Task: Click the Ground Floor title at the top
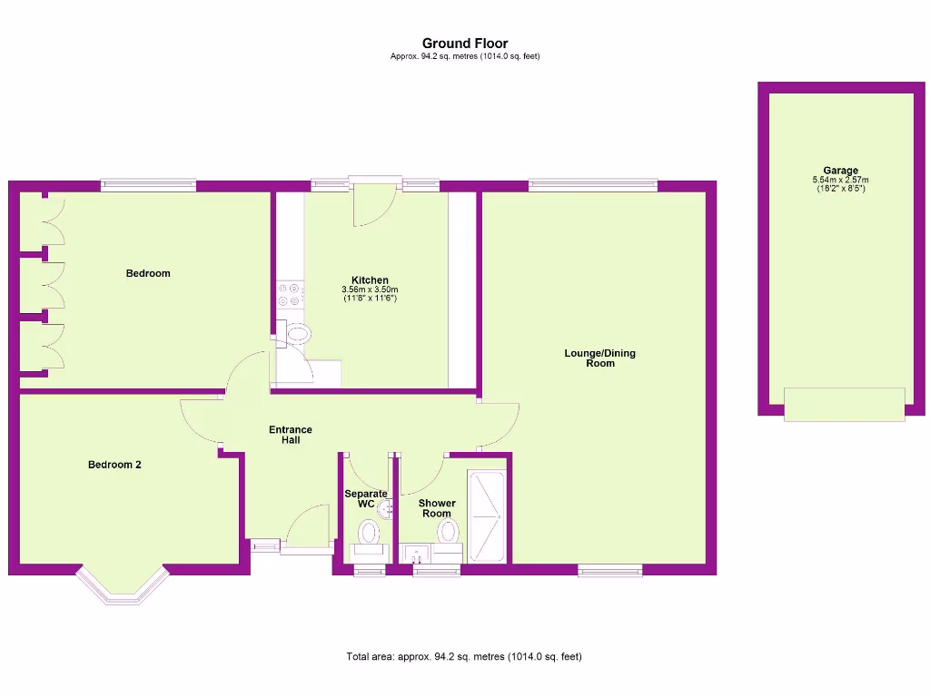tap(465, 43)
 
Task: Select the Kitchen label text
tap(370, 280)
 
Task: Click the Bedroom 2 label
tap(114, 465)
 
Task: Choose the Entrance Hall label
tap(291, 435)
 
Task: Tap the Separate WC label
tap(365, 498)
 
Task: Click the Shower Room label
tap(437, 508)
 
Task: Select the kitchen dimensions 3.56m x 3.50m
tap(370, 290)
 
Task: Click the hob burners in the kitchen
tap(290, 295)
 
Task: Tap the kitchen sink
tap(296, 334)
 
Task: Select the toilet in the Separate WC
tap(368, 533)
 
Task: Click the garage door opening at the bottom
tap(844, 404)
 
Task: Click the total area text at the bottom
tap(464, 656)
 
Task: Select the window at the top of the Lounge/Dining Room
tap(593, 186)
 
